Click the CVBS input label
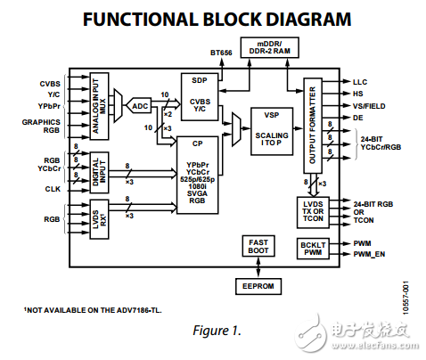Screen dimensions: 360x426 pyautogui.click(x=49, y=84)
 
